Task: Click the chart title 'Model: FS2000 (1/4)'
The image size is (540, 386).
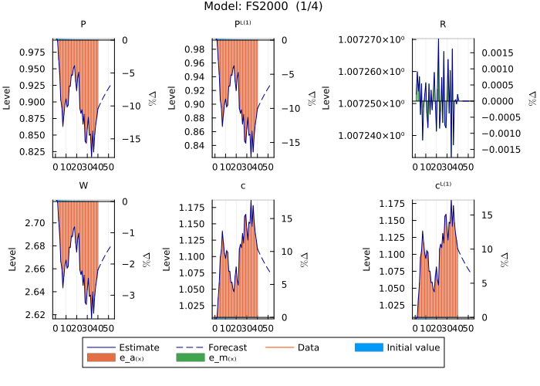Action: click(270, 7)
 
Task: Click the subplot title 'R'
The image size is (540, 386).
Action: click(443, 24)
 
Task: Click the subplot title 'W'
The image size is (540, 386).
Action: click(83, 186)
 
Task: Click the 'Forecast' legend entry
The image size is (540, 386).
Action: click(231, 347)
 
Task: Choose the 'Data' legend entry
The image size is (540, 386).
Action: click(314, 347)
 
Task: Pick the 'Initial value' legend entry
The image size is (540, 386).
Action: click(413, 347)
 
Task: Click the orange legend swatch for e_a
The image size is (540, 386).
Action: click(103, 358)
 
